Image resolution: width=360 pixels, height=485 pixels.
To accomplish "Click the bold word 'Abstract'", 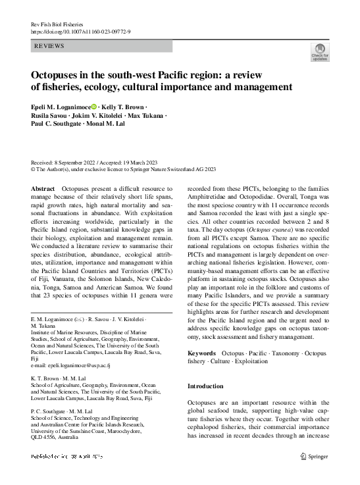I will pyautogui.click(x=43, y=188).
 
